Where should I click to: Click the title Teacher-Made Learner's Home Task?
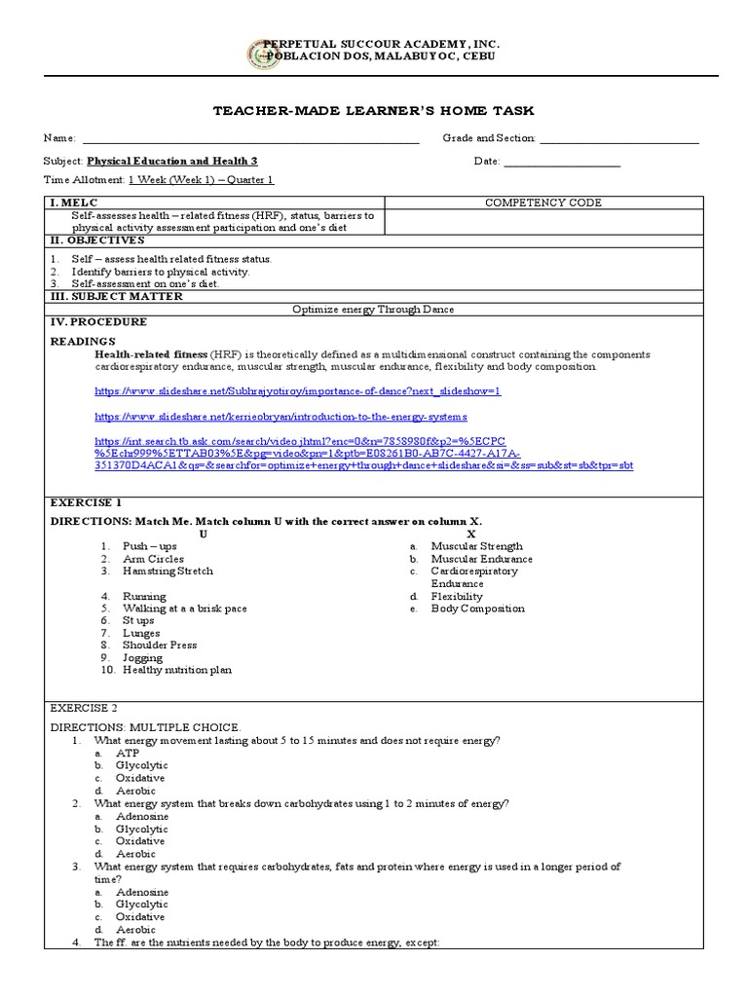373,111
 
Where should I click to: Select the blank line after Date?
562,163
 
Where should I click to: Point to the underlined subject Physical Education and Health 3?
172,162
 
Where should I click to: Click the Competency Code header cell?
543,203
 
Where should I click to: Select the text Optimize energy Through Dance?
374,309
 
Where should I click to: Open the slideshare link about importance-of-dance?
297,390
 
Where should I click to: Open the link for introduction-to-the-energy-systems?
280,416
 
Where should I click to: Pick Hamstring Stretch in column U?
168,572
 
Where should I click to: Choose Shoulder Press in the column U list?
160,645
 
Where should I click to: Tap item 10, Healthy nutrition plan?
177,670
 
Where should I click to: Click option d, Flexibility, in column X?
457,596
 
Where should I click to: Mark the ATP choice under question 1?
128,754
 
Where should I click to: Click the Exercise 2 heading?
84,708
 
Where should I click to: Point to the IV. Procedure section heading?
98,321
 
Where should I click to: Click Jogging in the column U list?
143,657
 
